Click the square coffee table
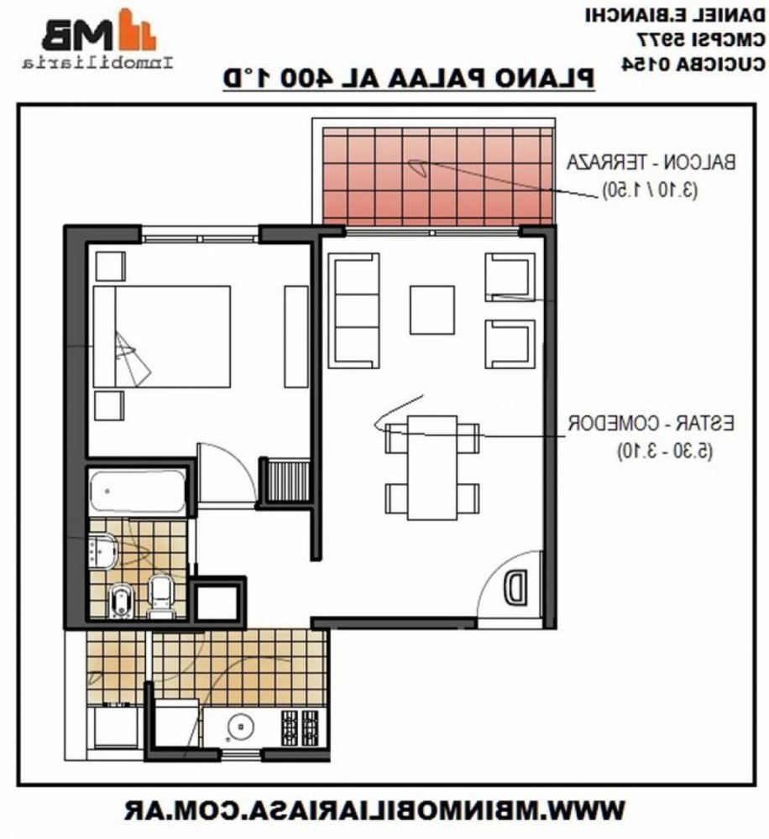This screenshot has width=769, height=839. point(432,310)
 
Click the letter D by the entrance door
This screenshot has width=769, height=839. point(516,586)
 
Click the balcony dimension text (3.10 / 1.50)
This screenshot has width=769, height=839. point(650,190)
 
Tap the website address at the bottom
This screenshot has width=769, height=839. point(374,810)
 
